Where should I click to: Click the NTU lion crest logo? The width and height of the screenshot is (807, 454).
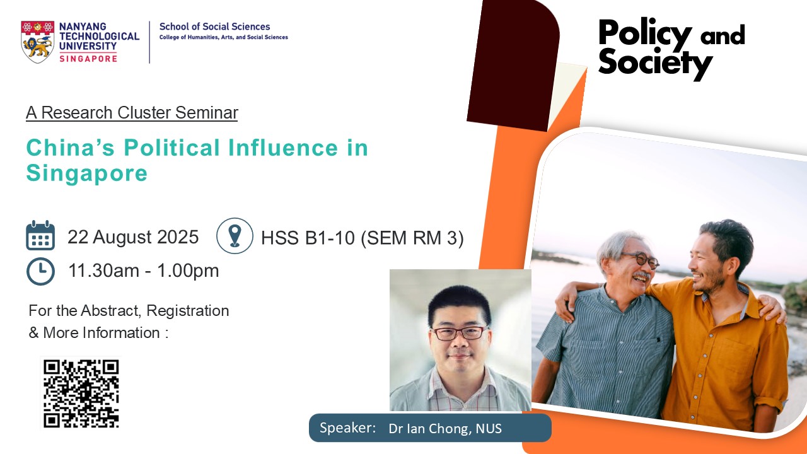[37, 42]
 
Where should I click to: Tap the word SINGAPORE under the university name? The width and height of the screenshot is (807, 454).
[88, 59]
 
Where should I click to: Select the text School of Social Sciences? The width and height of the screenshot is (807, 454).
[215, 26]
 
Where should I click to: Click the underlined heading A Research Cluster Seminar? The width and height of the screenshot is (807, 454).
[132, 113]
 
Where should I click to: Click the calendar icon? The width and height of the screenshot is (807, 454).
[40, 235]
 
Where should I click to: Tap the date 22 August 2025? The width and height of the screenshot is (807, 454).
[133, 237]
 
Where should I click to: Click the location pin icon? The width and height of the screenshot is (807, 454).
[235, 236]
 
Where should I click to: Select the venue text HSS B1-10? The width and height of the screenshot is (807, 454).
[308, 238]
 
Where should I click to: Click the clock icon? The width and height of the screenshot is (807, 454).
[40, 271]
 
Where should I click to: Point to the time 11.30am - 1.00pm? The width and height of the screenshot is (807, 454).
[143, 271]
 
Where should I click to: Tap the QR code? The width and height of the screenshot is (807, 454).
[81, 393]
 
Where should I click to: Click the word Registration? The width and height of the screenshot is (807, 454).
[188, 311]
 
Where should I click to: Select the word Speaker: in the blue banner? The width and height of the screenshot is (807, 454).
[347, 428]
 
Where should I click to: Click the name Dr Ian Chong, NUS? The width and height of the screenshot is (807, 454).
[445, 428]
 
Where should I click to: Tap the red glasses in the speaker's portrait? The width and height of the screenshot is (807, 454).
[459, 333]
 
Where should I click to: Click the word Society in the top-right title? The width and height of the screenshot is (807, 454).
[655, 64]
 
